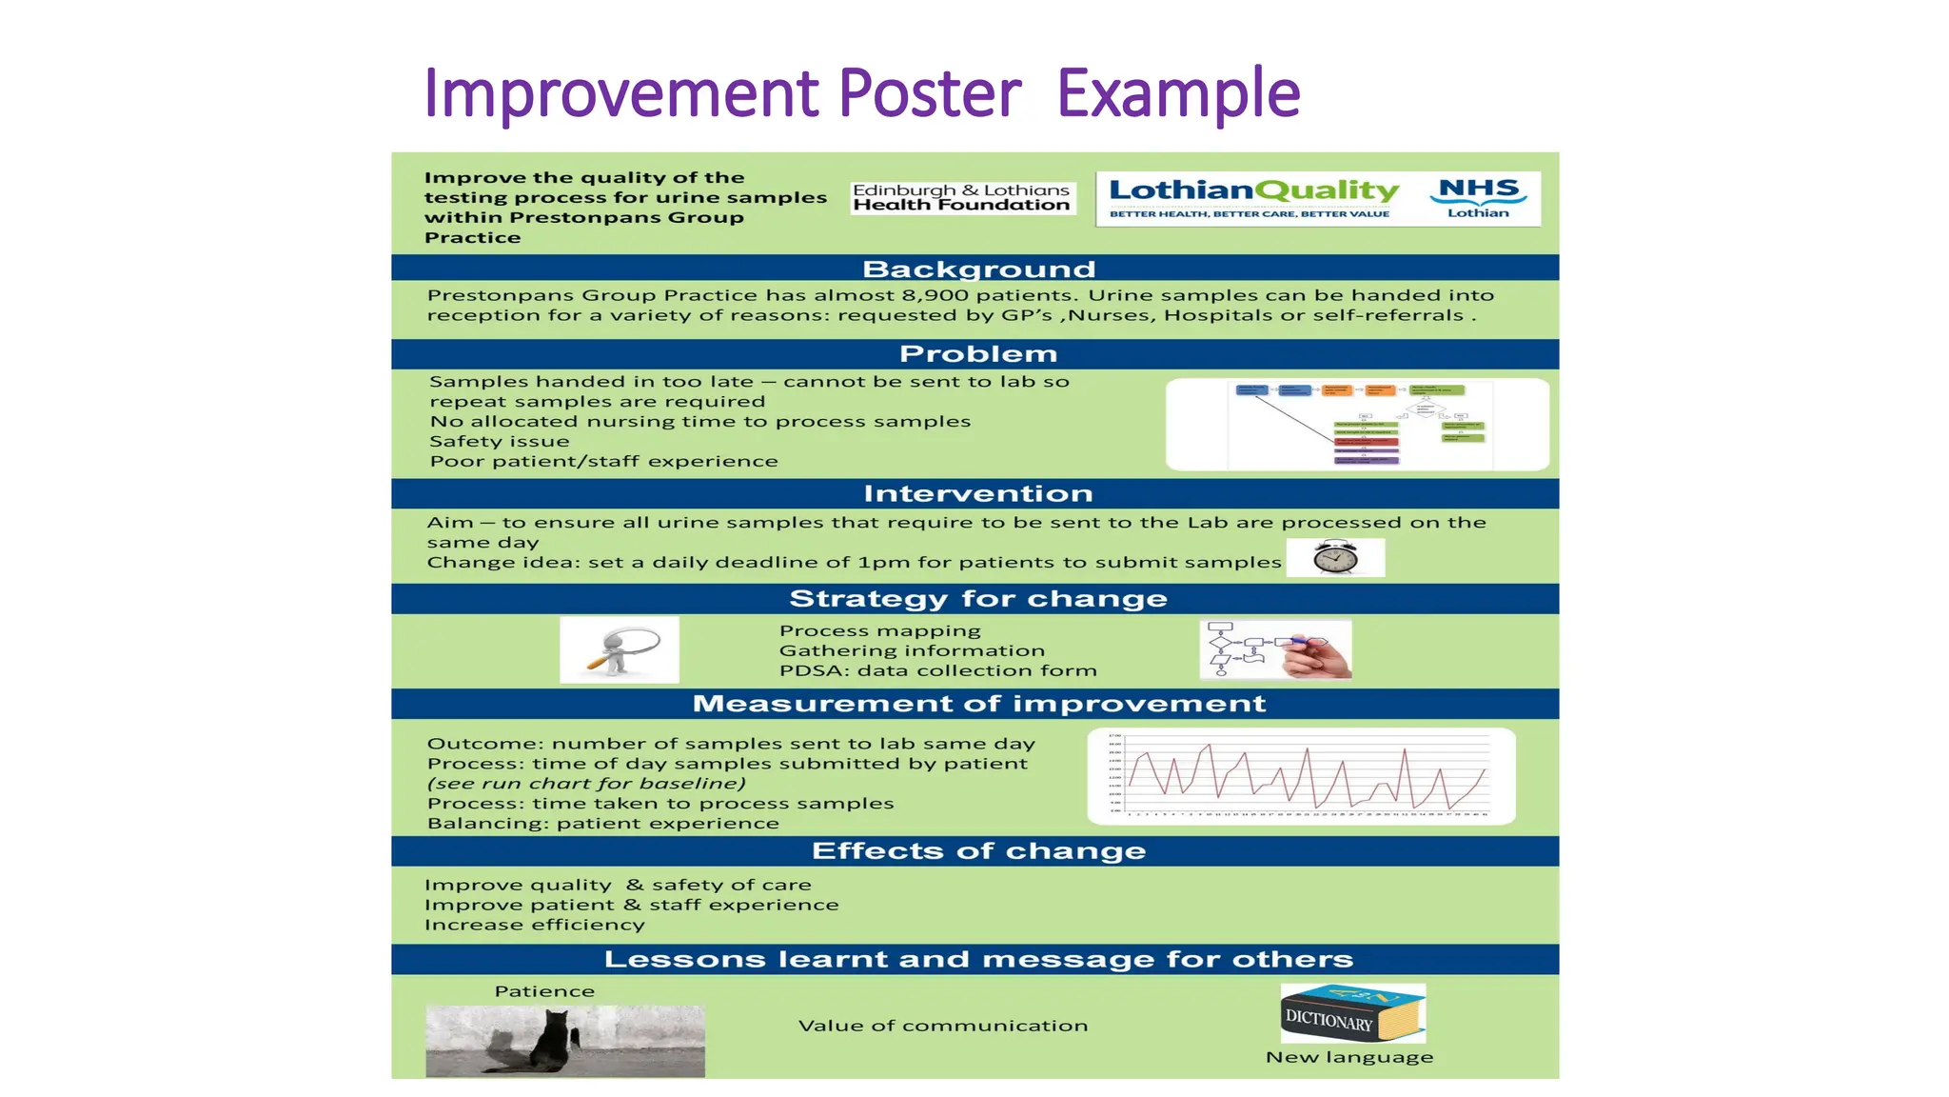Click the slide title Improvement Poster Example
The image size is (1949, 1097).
click(x=861, y=93)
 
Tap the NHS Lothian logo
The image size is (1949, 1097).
click(x=1477, y=198)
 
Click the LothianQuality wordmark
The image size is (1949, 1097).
click(x=1253, y=191)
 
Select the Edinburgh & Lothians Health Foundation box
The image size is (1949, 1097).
click(x=962, y=198)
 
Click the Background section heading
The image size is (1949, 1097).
click(x=978, y=269)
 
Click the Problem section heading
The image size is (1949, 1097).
click(x=977, y=354)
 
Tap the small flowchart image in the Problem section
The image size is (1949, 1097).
click(x=1357, y=425)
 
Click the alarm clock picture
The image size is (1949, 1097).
click(x=1335, y=557)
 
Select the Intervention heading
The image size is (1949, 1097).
click(x=977, y=494)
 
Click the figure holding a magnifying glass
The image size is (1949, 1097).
click(x=620, y=649)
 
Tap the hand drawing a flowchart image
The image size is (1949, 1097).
click(x=1275, y=649)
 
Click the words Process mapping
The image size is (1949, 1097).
click(x=879, y=630)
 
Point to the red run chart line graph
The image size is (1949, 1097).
click(x=1301, y=776)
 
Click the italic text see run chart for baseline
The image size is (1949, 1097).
click(x=586, y=784)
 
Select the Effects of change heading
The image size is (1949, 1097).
click(x=977, y=851)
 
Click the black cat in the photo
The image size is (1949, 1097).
click(x=552, y=1043)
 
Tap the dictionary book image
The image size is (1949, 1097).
click(x=1352, y=1014)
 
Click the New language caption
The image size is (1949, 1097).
click(x=1349, y=1057)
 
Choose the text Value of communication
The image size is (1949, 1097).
click(x=942, y=1026)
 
